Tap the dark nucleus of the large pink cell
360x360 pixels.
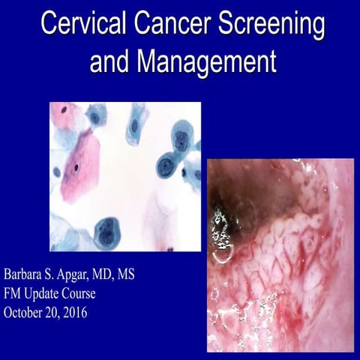pyautogui.click(x=76, y=167)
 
